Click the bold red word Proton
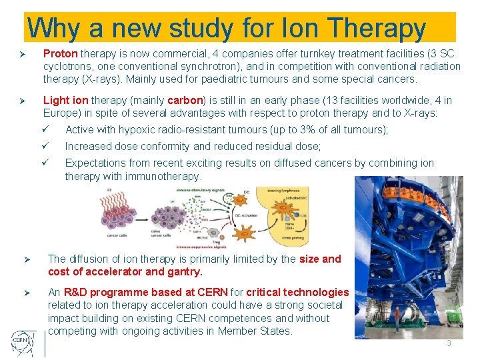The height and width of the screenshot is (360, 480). click(x=61, y=53)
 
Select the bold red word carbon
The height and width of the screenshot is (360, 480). click(x=185, y=101)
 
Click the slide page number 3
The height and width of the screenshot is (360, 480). click(x=449, y=343)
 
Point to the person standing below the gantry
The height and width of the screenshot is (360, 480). click(x=397, y=323)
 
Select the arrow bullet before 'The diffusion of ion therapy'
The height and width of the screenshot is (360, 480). click(x=27, y=259)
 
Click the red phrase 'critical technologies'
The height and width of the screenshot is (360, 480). click(x=297, y=292)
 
